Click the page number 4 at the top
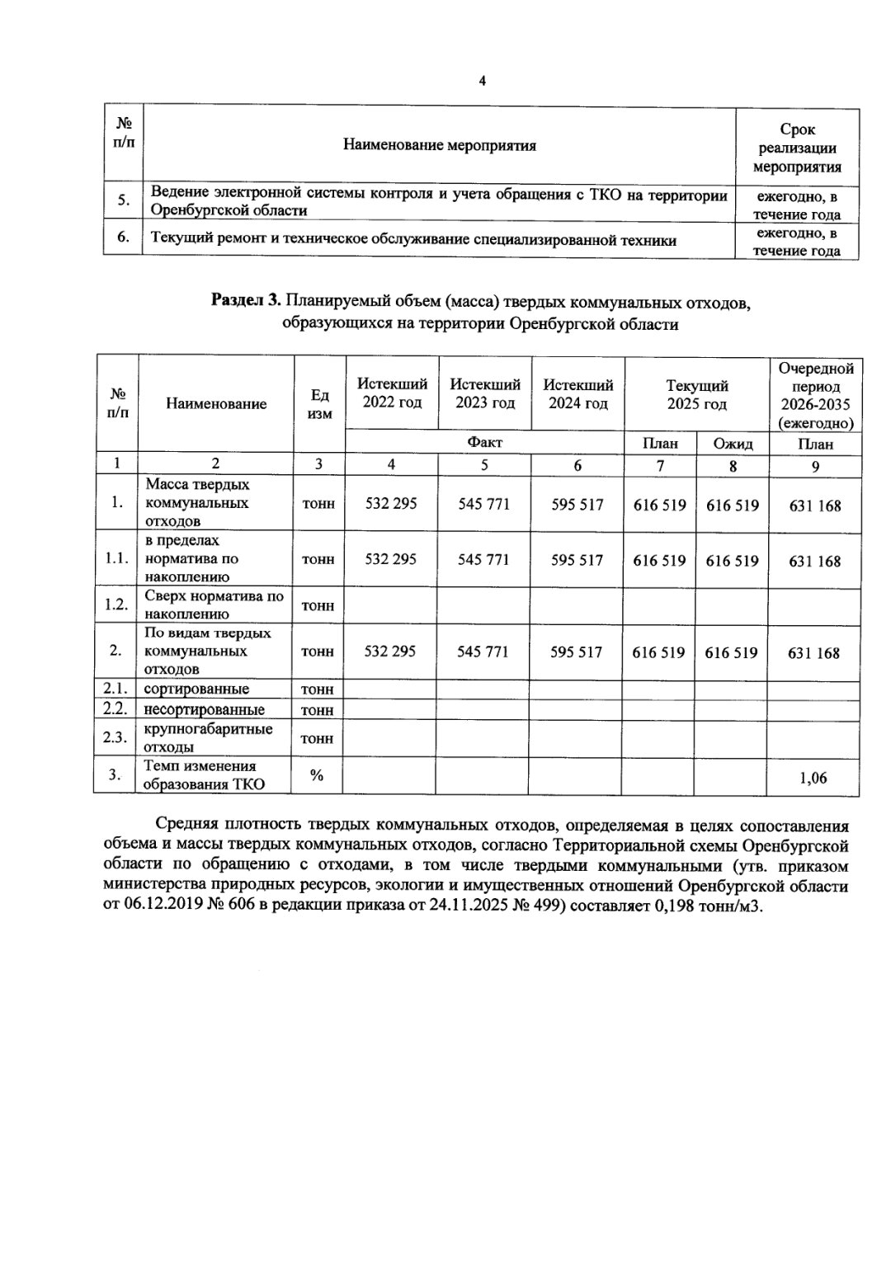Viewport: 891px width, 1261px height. click(482, 81)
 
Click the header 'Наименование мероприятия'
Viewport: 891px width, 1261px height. click(440, 146)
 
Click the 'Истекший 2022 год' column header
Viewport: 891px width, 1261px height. click(392, 393)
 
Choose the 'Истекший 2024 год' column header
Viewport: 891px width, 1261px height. click(577, 393)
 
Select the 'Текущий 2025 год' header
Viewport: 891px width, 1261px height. click(696, 393)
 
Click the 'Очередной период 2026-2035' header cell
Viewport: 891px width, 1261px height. click(815, 394)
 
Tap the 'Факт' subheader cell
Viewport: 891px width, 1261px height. click(484, 443)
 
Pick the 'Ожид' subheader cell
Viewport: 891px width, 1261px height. click(733, 444)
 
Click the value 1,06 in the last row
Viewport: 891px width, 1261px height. click(813, 778)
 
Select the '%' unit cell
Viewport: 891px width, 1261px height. click(317, 774)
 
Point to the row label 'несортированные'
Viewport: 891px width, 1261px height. click(205, 709)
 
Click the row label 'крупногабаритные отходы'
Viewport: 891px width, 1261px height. click(208, 738)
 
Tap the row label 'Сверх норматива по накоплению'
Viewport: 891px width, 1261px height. click(214, 605)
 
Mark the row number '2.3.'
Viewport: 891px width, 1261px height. click(115, 738)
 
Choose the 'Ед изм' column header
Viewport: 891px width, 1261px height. click(319, 404)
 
